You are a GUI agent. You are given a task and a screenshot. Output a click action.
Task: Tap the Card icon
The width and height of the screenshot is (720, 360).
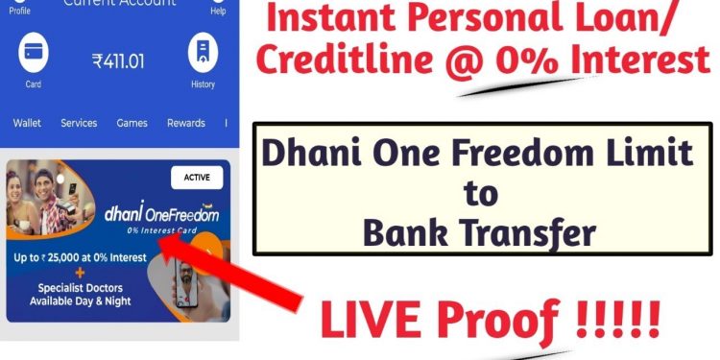[x=34, y=55]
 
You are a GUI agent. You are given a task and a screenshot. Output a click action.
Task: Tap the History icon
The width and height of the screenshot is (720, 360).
[x=203, y=55]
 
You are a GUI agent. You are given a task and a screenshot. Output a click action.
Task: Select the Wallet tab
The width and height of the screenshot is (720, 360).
[x=27, y=123]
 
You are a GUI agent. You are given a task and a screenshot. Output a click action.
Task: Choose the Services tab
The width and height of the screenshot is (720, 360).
[x=79, y=123]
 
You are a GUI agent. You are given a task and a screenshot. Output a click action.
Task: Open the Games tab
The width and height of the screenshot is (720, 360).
[x=132, y=123]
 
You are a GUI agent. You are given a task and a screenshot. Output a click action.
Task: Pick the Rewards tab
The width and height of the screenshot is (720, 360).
[x=185, y=123]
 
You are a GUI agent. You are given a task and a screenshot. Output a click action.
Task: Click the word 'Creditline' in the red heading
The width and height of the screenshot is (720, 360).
[x=338, y=61]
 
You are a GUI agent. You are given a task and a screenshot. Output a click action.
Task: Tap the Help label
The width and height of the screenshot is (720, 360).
[x=218, y=11]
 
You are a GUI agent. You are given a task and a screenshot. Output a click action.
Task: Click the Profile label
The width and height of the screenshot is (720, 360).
[x=20, y=11]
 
